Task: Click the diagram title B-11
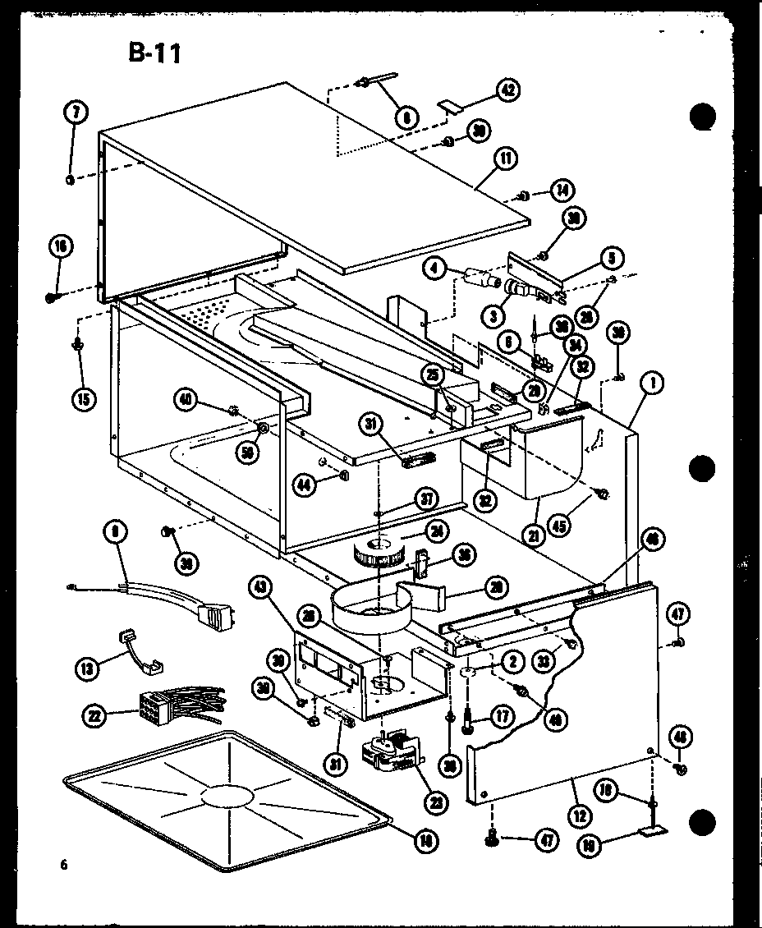point(154,53)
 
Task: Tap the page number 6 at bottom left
point(63,864)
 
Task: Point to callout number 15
point(82,398)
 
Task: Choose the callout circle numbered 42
point(508,91)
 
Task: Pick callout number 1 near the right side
point(654,383)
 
